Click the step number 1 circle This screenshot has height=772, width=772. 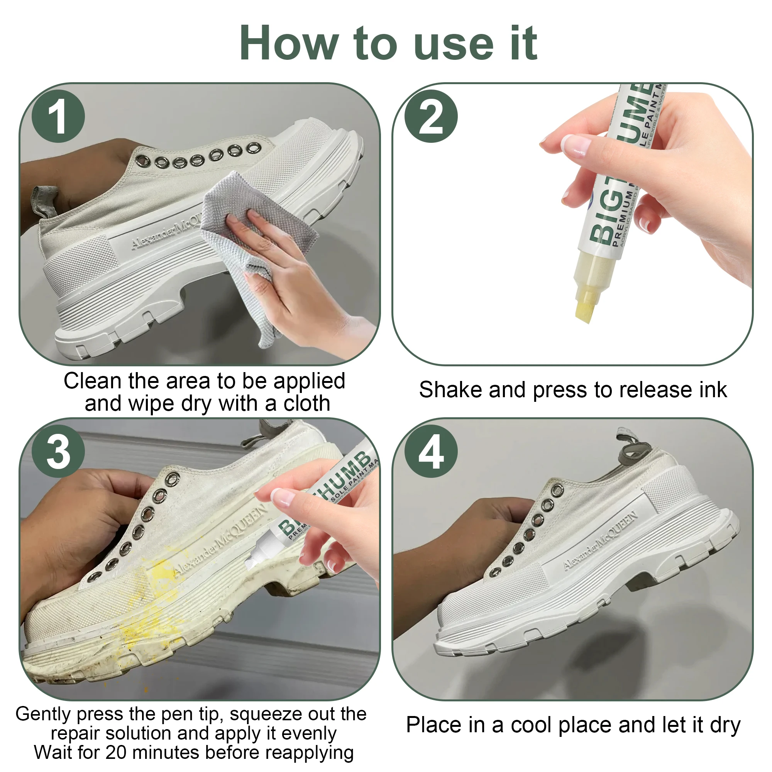[58, 116]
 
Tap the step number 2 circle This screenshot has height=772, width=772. [431, 116]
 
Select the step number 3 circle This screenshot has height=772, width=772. [58, 451]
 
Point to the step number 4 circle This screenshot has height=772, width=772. [431, 451]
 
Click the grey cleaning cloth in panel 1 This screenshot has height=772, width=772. [256, 224]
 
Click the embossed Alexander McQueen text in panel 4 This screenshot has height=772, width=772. [599, 542]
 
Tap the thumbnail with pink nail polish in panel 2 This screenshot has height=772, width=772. [576, 145]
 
